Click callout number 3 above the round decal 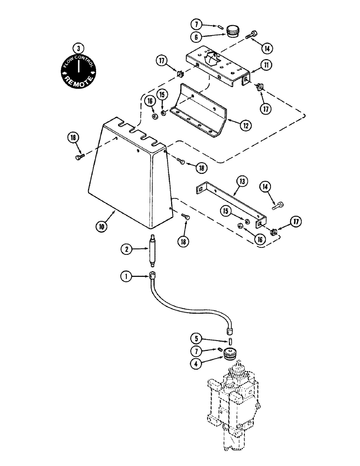click(x=79, y=48)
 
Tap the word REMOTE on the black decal click(x=79, y=80)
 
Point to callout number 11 click(x=266, y=66)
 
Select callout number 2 click(x=125, y=249)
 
